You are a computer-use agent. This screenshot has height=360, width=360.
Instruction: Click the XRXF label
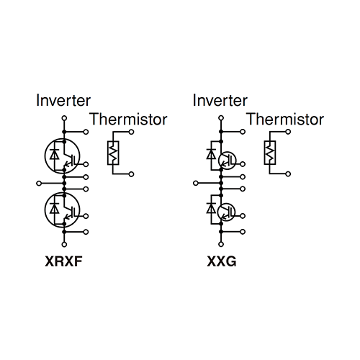tap(63, 261)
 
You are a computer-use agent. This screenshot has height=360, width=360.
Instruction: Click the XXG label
tap(222, 261)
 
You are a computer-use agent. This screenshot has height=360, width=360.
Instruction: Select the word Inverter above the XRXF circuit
tap(63, 100)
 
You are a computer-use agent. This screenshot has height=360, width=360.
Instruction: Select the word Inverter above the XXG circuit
tap(220, 100)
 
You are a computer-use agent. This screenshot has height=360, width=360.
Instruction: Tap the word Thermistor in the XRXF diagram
tap(128, 119)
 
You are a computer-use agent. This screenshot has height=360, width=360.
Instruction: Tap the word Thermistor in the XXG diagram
tap(285, 119)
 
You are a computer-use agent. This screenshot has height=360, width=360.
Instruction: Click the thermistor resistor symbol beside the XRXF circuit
tap(113, 153)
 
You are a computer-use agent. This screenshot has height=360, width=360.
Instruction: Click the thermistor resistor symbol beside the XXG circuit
tap(270, 153)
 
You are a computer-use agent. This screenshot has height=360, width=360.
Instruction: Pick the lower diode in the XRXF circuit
tap(55, 208)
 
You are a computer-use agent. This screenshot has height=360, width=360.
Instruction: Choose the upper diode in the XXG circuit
tap(211, 154)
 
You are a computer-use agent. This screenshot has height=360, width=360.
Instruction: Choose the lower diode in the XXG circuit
tap(211, 208)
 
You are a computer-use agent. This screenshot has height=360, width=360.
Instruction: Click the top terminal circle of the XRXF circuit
tap(64, 118)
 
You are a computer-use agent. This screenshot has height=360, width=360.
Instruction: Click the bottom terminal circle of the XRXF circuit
tap(64, 245)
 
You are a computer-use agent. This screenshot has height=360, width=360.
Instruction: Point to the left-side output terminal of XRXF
tap(39, 184)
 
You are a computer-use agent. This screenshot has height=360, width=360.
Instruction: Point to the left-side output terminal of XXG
tap(196, 184)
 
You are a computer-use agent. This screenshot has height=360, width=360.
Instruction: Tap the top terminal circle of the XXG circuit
tap(221, 118)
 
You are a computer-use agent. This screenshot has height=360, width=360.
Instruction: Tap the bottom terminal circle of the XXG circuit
tap(221, 245)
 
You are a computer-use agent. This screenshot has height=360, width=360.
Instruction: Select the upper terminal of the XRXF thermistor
tap(131, 132)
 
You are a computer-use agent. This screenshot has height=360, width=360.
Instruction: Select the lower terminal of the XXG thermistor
tap(288, 174)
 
